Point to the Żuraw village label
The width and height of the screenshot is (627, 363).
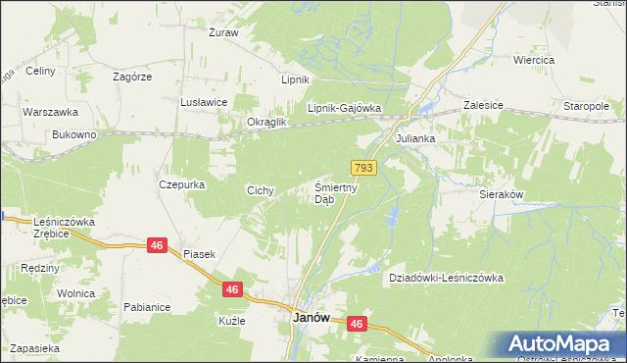tap(223, 32)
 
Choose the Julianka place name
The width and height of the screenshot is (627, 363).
tap(414, 139)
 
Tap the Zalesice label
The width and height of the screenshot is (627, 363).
tap(483, 104)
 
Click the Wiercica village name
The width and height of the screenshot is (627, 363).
tap(534, 60)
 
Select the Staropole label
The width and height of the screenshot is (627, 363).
tap(587, 105)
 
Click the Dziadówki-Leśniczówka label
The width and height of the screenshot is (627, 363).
tap(446, 278)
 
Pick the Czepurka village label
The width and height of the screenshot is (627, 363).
tap(179, 183)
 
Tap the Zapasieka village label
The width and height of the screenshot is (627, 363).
tap(35, 348)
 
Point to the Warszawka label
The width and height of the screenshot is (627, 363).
tap(44, 112)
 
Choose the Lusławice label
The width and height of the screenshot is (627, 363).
tap(204, 102)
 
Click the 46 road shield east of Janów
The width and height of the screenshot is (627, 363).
tap(356, 324)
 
